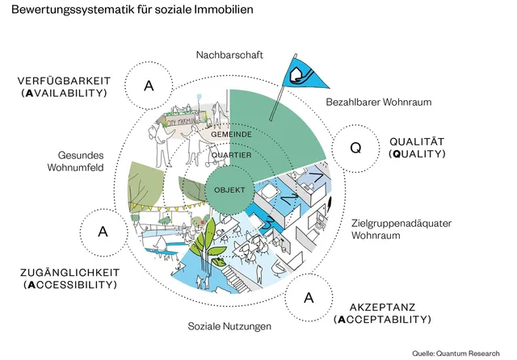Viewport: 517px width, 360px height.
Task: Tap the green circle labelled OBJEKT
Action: [x=229, y=190]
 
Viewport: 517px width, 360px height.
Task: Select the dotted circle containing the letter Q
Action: [x=355, y=148]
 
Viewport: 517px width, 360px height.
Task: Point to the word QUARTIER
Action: [x=230, y=155]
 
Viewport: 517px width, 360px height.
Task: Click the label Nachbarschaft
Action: [x=226, y=55]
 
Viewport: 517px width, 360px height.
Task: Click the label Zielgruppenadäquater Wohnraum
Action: [x=393, y=228]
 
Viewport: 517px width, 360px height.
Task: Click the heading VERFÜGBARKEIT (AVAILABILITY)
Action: [x=65, y=87]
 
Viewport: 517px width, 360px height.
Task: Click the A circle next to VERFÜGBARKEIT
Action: [x=149, y=85]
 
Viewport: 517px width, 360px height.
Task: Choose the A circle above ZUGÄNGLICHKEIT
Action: [x=103, y=231]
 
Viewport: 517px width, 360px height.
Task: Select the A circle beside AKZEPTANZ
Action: [x=309, y=298]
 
